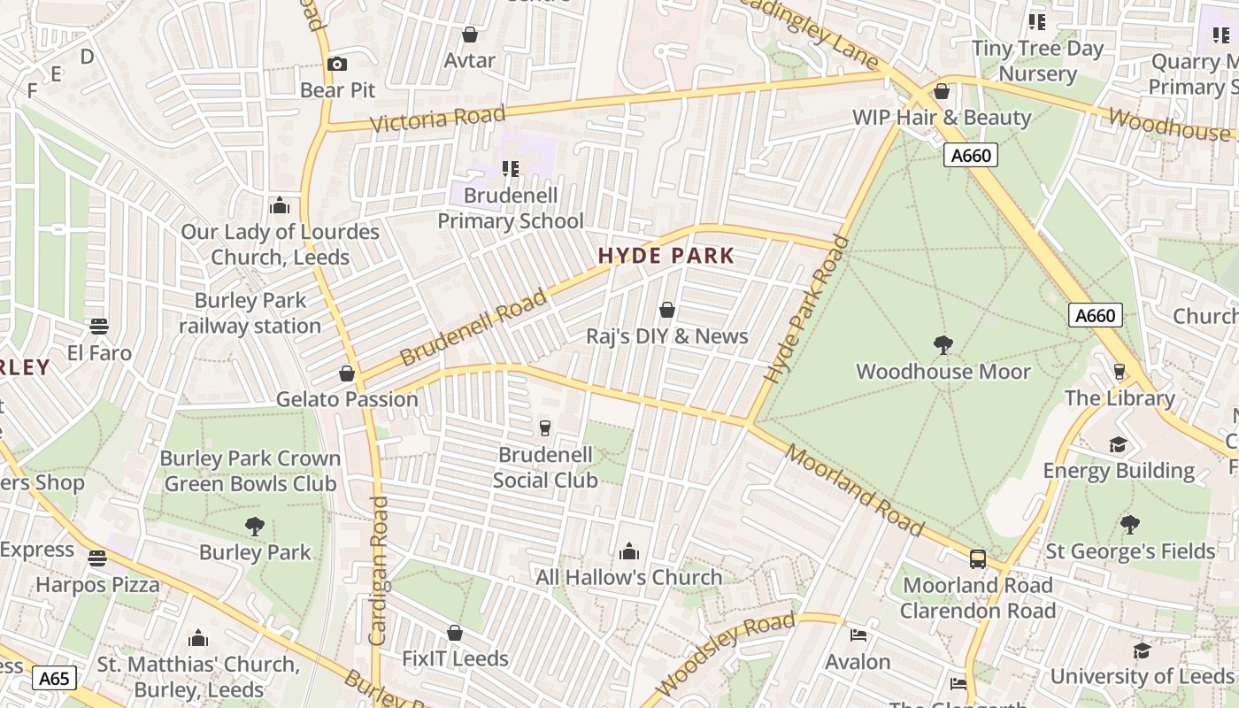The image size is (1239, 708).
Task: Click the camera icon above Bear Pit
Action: (x=336, y=64)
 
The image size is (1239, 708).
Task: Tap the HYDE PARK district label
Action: (x=666, y=256)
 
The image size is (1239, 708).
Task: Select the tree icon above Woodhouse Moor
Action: (x=943, y=344)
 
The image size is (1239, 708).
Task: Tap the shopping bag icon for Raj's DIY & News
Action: (x=667, y=310)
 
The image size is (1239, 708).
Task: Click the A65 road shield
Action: (x=54, y=679)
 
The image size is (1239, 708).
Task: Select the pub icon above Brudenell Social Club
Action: (x=545, y=428)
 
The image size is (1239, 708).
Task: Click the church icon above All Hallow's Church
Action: (x=629, y=551)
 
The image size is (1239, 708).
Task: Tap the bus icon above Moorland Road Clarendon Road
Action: (x=977, y=558)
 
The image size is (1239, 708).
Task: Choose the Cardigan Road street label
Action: (x=378, y=570)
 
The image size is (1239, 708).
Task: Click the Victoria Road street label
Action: (x=437, y=119)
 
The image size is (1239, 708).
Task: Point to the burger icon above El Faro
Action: (x=99, y=327)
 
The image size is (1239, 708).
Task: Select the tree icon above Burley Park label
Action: (x=255, y=527)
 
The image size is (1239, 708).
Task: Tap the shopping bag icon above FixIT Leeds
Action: (x=455, y=633)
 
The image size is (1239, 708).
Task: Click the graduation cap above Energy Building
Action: (x=1119, y=443)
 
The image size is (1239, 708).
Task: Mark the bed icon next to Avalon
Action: (x=858, y=635)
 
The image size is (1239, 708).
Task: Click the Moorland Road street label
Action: (x=854, y=492)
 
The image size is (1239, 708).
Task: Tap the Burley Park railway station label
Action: (x=250, y=313)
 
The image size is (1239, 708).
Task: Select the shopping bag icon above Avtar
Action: (x=470, y=35)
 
